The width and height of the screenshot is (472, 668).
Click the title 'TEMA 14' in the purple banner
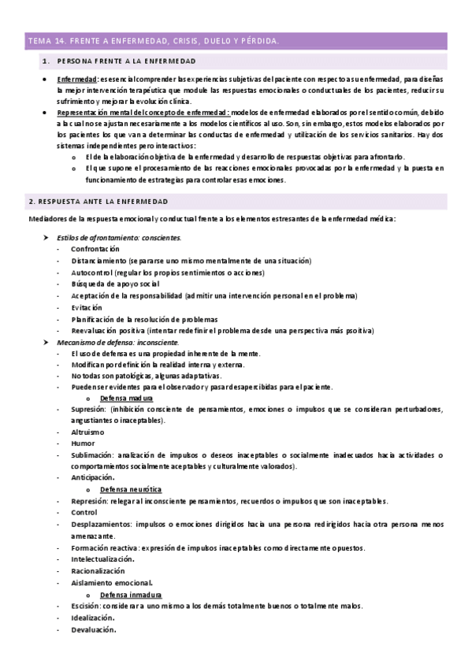pyautogui.click(x=46, y=40)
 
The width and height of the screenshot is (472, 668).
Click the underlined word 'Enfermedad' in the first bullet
pyautogui.click(x=76, y=80)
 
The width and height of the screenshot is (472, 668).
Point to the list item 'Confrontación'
pyautogui.click(x=95, y=249)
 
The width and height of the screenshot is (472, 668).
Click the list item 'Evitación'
pyautogui.click(x=87, y=307)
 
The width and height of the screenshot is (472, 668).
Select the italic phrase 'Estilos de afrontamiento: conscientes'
pyautogui.click(x=119, y=237)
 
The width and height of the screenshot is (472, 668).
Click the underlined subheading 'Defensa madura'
pyautogui.click(x=126, y=399)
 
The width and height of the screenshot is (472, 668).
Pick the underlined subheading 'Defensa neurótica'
pyautogui.click(x=130, y=489)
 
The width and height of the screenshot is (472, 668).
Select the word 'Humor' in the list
pyautogui.click(x=82, y=444)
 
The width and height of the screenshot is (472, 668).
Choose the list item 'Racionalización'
pyautogui.click(x=98, y=570)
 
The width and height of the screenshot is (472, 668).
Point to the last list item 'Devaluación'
pyautogui.click(x=93, y=629)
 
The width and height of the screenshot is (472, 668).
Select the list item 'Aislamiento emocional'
pyautogui.click(x=111, y=582)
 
